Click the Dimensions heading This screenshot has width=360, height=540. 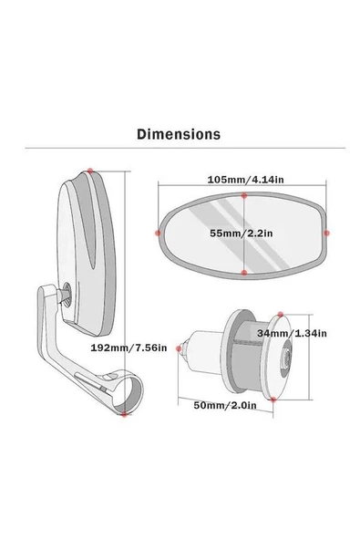point(179,134)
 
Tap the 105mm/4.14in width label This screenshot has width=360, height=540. point(246,180)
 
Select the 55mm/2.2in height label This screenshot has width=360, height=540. point(242,234)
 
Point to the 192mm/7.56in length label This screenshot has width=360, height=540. point(129,348)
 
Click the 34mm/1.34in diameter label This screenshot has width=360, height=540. point(292,333)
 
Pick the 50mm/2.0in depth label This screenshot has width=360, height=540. point(225,405)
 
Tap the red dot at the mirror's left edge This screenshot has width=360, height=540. point(158,233)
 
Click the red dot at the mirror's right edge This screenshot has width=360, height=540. point(326,234)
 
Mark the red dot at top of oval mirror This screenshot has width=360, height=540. point(244,195)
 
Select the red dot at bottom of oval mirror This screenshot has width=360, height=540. point(244,273)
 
